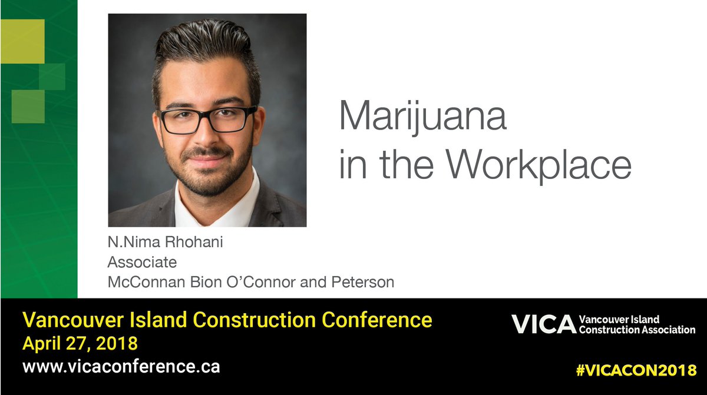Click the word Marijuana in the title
(x=422, y=117)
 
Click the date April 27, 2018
(x=80, y=343)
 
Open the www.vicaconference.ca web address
(x=121, y=366)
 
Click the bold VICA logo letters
(x=542, y=324)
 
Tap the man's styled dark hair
(x=206, y=47)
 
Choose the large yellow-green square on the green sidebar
(x=22, y=41)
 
